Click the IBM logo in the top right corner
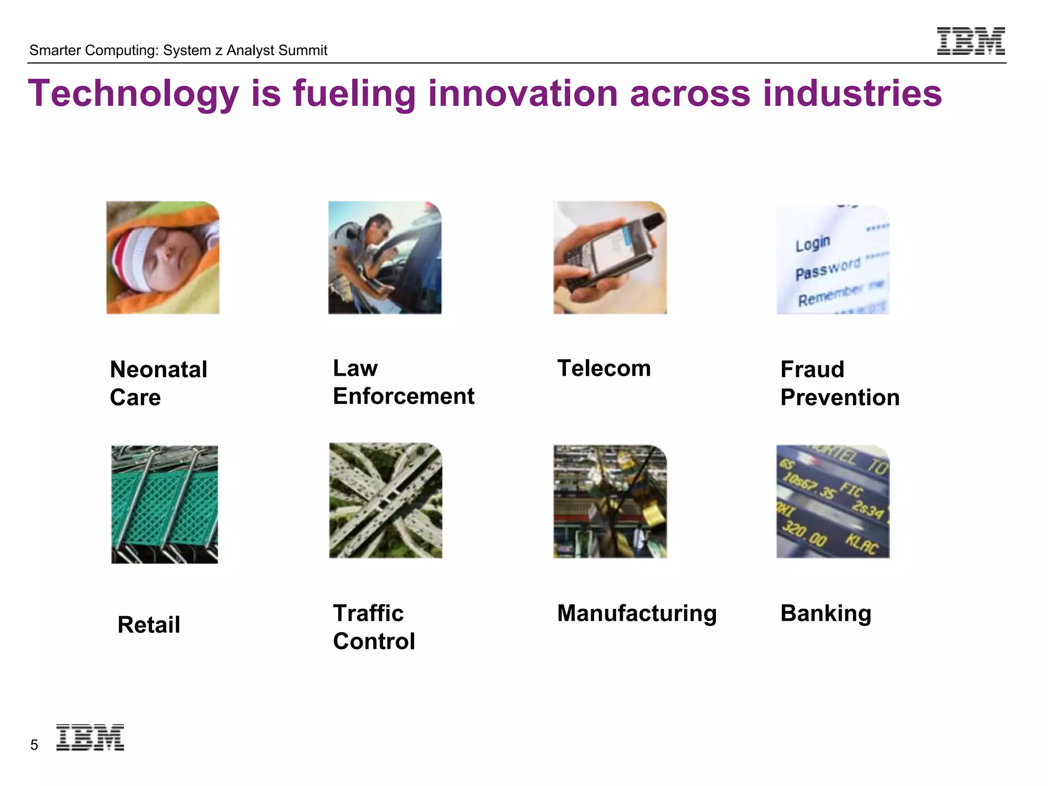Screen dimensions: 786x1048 click(971, 41)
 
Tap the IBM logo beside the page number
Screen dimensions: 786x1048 click(90, 737)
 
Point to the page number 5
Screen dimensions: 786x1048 click(34, 745)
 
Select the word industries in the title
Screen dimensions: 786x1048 click(852, 94)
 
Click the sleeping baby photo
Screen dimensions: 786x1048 click(163, 257)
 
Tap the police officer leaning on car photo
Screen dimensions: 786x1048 click(385, 257)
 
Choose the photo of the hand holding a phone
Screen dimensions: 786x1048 click(610, 257)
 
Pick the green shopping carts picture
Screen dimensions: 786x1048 click(164, 504)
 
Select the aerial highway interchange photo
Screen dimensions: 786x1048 click(385, 500)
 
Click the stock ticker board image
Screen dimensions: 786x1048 click(833, 501)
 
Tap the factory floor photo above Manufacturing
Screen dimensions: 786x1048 click(610, 501)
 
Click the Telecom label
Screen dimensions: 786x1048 click(604, 368)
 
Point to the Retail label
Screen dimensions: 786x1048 click(149, 625)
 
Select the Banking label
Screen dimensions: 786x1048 click(826, 613)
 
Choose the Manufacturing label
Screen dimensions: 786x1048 click(637, 613)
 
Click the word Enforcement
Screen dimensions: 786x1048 click(404, 396)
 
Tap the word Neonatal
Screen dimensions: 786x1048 click(159, 369)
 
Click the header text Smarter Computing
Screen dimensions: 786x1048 click(94, 50)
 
